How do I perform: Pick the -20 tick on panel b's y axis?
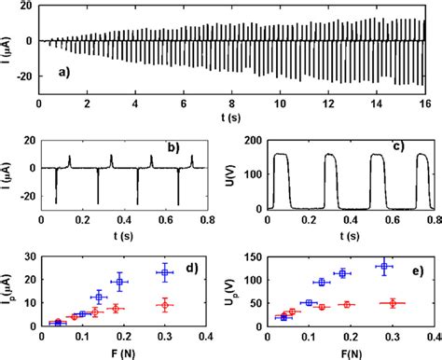click(25, 196)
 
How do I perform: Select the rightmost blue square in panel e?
click(382, 267)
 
